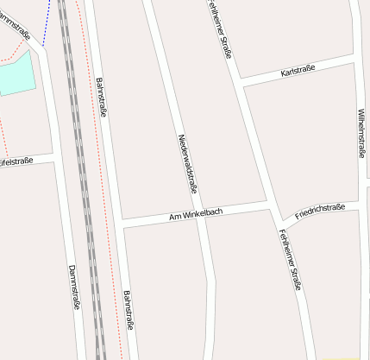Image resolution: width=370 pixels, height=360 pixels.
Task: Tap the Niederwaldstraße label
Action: click(187, 163)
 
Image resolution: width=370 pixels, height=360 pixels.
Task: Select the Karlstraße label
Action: click(298, 70)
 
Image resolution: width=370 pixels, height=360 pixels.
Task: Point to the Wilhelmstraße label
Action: click(361, 134)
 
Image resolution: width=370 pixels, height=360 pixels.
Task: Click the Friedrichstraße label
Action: click(319, 210)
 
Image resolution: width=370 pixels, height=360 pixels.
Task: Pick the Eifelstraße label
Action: click(16, 161)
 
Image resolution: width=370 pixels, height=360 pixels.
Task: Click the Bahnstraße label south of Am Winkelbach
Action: click(129, 309)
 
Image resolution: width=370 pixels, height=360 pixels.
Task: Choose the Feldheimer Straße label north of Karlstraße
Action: click(221, 28)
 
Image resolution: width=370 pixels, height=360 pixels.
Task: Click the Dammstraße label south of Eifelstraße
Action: click(73, 287)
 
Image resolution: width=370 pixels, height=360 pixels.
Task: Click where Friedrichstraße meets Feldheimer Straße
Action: click(278, 215)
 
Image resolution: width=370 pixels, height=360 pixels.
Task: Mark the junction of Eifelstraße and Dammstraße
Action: click(54, 157)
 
